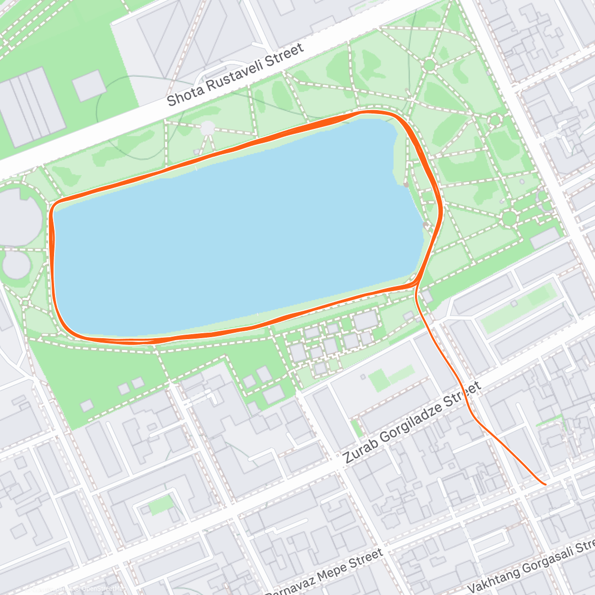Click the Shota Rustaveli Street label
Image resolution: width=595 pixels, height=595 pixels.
tap(235, 75)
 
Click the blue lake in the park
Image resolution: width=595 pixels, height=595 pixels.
tap(233, 233)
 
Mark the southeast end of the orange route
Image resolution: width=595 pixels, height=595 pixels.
tap(545, 484)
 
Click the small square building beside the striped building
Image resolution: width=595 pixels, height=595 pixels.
tap(88, 85)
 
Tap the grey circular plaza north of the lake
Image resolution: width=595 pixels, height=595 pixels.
tap(207, 127)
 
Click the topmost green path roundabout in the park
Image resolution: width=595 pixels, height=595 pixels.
tap(429, 65)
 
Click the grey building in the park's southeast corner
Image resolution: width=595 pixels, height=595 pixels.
tap(544, 238)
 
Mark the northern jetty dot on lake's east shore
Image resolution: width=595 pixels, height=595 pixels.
tap(406, 184)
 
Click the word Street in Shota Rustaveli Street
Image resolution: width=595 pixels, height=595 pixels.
tap(283, 55)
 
